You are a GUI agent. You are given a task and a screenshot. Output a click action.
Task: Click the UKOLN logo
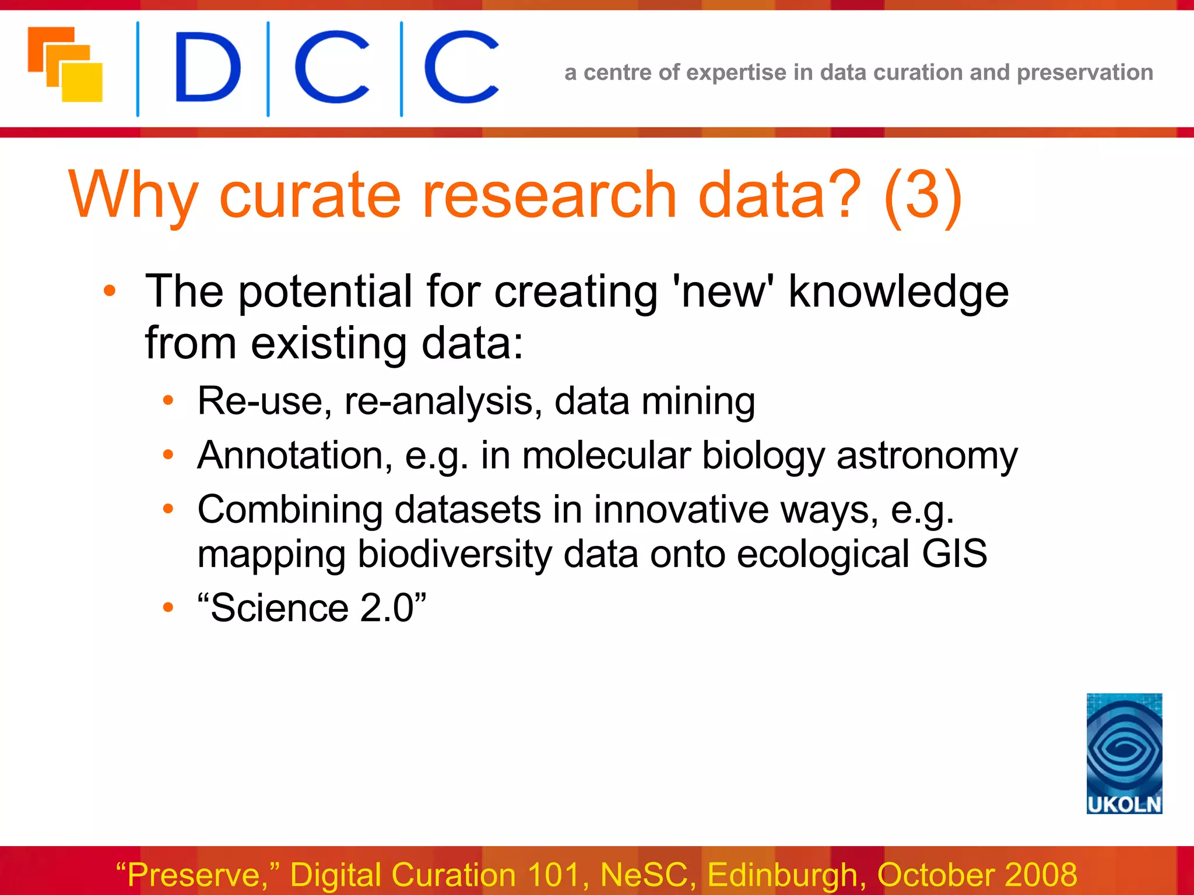(x=1124, y=753)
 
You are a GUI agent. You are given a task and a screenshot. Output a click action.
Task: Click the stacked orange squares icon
(x=65, y=65)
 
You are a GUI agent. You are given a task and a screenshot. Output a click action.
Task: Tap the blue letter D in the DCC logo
(x=207, y=68)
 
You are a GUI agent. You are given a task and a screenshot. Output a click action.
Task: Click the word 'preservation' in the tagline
(x=1084, y=73)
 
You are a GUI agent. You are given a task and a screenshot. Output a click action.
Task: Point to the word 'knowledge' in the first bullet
(x=898, y=291)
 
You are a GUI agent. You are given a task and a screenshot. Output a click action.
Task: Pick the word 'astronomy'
(x=927, y=455)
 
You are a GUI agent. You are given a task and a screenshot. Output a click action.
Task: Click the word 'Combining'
(x=290, y=509)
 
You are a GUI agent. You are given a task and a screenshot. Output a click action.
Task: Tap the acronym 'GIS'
(x=954, y=554)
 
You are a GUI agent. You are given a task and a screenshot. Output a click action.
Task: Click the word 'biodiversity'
(x=454, y=554)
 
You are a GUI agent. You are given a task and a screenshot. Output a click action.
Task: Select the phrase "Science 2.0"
(x=312, y=608)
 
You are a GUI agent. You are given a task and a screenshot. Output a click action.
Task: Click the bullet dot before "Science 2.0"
(x=168, y=608)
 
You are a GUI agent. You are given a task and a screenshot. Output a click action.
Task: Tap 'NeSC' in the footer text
(x=648, y=875)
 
